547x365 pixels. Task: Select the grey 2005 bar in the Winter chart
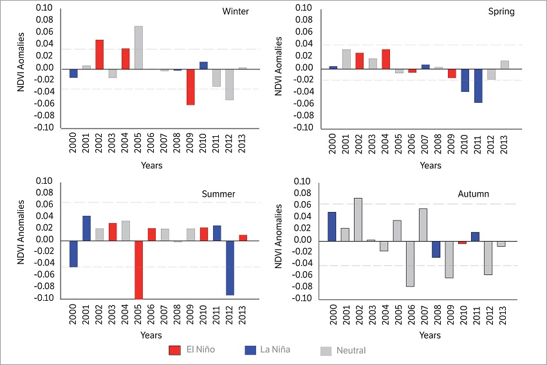click(138, 48)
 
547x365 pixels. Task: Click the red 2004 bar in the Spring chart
click(386, 59)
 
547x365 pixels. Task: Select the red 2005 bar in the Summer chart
click(138, 270)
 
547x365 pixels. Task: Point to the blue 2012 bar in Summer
click(230, 268)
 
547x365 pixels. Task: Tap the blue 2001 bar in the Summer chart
click(86, 228)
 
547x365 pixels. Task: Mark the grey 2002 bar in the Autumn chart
click(358, 219)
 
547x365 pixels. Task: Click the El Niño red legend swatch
click(174, 350)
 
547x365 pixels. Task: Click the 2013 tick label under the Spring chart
click(505, 145)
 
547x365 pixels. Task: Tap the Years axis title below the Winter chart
click(151, 166)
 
